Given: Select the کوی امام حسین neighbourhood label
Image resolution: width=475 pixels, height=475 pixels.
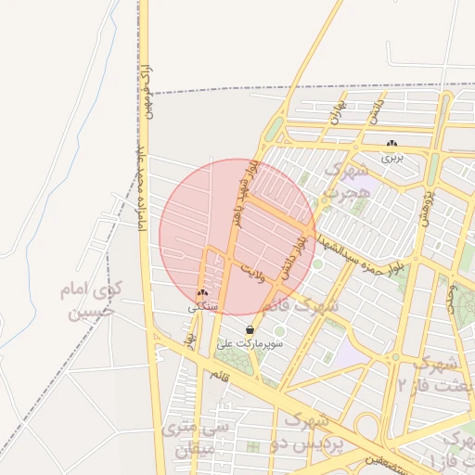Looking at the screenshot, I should (x=91, y=301).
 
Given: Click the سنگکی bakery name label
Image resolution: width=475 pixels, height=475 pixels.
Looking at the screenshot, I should (x=202, y=305).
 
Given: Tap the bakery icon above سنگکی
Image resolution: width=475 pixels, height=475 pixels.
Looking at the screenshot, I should (x=202, y=293).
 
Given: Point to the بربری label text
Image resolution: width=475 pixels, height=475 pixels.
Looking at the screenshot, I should (x=392, y=158).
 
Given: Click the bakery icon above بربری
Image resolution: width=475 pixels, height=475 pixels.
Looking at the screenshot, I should (x=392, y=145).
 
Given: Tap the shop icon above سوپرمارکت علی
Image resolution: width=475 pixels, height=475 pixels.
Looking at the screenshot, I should (x=250, y=330).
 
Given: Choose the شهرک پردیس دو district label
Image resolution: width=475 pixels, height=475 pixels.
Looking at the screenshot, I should (x=310, y=432).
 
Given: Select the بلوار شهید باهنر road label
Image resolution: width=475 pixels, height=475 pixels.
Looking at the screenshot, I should (x=243, y=195).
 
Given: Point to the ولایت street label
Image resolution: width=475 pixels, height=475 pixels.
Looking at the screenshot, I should (x=252, y=270).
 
